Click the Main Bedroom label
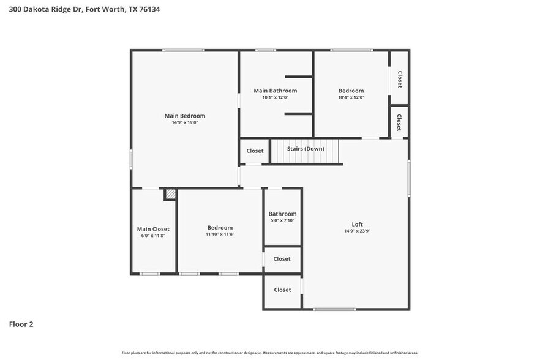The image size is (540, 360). (x=184, y=116)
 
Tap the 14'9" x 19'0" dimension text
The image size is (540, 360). (x=184, y=122)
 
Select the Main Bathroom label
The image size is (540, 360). (x=275, y=91)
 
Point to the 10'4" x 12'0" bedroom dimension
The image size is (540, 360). (x=351, y=97)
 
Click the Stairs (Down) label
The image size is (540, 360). (x=306, y=149)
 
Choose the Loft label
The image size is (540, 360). (x=357, y=224)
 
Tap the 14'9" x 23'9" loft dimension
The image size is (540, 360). (x=357, y=231)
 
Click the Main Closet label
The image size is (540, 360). (x=153, y=229)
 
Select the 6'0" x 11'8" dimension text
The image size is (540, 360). (x=153, y=236)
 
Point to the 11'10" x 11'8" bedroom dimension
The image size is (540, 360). (x=220, y=234)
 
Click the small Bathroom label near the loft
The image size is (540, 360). (x=282, y=214)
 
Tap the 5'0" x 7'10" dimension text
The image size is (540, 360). (x=282, y=220)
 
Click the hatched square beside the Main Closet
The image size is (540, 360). (x=170, y=194)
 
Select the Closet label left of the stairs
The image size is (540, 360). (x=255, y=151)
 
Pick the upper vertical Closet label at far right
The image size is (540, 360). (x=399, y=79)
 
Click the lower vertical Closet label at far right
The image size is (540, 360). (x=399, y=122)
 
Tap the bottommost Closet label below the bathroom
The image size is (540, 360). (x=282, y=290)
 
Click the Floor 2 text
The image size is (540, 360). (x=21, y=324)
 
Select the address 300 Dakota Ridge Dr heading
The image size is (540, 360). (x=85, y=9)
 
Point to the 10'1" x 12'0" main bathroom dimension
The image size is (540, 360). (x=275, y=97)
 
